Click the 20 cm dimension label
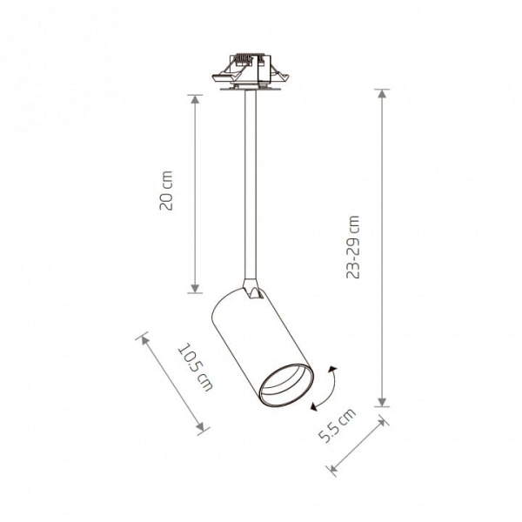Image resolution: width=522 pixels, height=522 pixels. [166, 191]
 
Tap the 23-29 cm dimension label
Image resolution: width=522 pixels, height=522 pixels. [353, 247]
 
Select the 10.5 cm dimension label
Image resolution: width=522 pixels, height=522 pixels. [196, 367]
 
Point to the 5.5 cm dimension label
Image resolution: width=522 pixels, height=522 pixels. [337, 425]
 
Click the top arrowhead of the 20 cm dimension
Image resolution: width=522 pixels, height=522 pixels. [195, 99]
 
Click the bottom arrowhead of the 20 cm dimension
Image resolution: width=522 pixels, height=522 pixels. [195, 289]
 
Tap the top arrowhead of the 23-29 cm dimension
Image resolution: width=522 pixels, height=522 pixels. [382, 94]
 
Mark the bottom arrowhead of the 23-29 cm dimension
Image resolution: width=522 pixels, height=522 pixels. [382, 402]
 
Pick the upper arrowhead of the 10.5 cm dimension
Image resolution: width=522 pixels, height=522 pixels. [144, 340]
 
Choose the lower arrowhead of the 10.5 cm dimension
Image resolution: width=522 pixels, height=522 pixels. [200, 427]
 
